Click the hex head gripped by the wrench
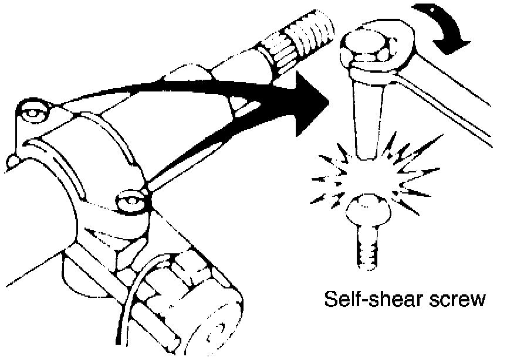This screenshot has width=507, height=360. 367,49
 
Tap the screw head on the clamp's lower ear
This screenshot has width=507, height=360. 130,201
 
